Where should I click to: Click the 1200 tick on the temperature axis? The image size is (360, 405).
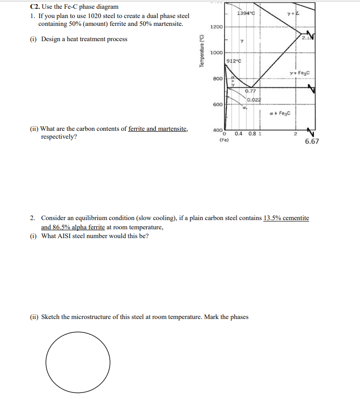click(x=217, y=27)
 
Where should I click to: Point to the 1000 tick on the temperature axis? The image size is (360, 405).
click(x=217, y=53)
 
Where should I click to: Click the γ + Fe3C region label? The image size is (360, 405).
click(x=298, y=73)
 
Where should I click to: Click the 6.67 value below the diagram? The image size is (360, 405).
click(x=311, y=141)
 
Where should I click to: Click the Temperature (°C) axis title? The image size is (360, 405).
click(x=201, y=51)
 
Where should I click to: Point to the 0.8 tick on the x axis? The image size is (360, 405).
click(x=252, y=134)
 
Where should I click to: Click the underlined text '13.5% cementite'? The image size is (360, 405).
click(x=286, y=218)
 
